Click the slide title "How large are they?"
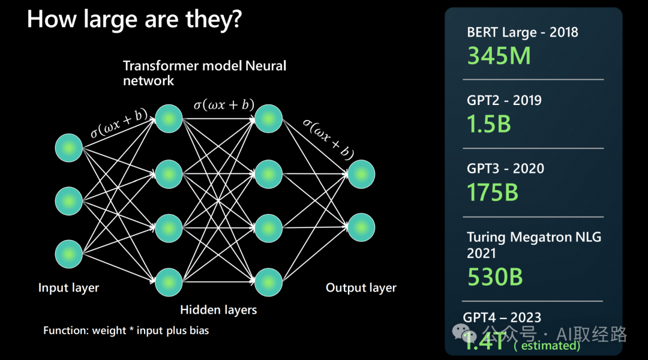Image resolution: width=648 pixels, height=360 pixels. pos(134,19)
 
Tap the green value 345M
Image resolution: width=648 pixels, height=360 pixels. pos(499,56)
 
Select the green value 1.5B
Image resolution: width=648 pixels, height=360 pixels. pos(489,124)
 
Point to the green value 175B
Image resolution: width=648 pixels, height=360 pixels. pos(493,192)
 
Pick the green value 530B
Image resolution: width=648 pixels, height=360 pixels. pos(495,277)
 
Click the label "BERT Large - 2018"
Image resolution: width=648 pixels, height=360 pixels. pos(522,32)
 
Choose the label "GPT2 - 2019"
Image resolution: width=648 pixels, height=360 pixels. pos(504,100)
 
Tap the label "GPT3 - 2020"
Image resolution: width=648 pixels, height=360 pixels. pos(505,169)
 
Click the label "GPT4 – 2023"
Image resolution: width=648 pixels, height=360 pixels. pos(502,317)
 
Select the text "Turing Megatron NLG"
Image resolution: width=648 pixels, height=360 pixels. pos(534,238)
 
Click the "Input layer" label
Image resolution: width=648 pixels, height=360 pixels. pos(68,288)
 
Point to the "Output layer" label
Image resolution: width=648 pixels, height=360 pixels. pos(361,288)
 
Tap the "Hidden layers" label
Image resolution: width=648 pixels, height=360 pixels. pos(218,310)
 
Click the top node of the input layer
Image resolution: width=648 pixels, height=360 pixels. pos(69,148)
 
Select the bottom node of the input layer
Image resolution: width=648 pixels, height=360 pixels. pos(69,254)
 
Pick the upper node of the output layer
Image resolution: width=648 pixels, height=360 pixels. pos(361,175)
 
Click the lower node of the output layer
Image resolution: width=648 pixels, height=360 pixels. pos(361,227)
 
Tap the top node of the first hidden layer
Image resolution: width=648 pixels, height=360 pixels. pos(169,118)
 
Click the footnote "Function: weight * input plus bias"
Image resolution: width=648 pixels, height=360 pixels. pos(126,331)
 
